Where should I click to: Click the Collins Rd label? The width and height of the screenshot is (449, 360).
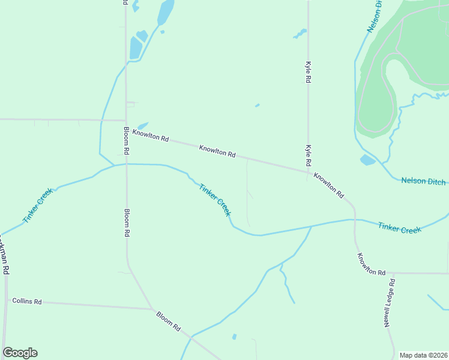(x=26, y=301)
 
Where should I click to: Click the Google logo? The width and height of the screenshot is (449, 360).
(x=20, y=353)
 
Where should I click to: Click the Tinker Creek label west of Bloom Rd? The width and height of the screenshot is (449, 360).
(x=38, y=206)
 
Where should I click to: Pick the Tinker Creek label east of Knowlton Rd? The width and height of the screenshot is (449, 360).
(x=400, y=228)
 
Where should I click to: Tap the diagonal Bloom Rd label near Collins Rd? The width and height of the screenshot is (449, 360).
(x=169, y=321)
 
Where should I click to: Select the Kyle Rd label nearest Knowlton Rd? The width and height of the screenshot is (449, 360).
(x=309, y=155)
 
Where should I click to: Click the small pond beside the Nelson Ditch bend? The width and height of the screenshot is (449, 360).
(x=367, y=160)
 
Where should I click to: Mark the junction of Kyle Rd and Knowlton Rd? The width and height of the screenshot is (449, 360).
(x=308, y=172)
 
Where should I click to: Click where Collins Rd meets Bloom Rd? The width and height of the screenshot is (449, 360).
(x=151, y=309)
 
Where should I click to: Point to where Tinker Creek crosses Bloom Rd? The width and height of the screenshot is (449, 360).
(x=126, y=164)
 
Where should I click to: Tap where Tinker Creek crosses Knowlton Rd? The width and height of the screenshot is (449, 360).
(x=354, y=220)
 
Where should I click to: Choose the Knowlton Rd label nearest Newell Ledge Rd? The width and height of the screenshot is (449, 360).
(x=371, y=264)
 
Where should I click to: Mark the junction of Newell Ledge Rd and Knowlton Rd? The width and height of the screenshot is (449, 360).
(x=394, y=273)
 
